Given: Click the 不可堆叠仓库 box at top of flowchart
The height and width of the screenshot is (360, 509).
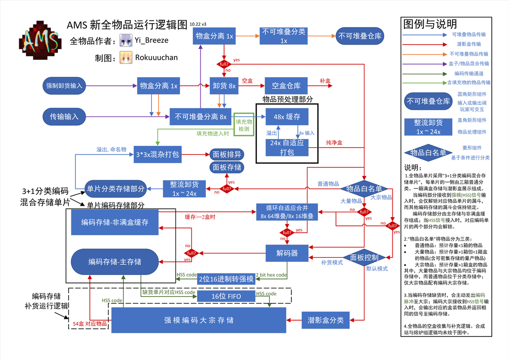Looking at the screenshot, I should tap(359, 36).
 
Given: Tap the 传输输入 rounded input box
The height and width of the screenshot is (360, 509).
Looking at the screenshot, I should tap(64, 116).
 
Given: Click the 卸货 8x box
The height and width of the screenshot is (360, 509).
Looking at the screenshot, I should tap(224, 85).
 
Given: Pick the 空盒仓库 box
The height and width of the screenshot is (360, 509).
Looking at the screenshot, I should tap(286, 85).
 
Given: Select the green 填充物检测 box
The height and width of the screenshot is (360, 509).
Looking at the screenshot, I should tap(244, 125).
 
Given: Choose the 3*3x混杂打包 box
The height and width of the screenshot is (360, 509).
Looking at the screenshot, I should tap(157, 155).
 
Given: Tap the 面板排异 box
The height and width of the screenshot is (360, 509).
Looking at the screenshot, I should tap(226, 155).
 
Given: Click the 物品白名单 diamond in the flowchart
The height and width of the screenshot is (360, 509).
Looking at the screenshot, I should tap(364, 188).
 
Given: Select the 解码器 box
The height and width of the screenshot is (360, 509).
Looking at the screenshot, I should tap(287, 253).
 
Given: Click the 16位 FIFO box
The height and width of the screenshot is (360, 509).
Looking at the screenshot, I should tap(226, 296).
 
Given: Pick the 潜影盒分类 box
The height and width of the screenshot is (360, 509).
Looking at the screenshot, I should tap(326, 320).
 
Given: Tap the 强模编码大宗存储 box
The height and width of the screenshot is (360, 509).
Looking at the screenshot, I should tap(198, 320).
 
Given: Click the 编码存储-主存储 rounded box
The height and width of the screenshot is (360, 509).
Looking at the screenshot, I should tap(114, 261).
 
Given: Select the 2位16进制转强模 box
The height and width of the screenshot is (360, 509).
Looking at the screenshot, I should tap(226, 278).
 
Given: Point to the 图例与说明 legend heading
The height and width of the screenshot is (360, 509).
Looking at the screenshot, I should tap(430, 24).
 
